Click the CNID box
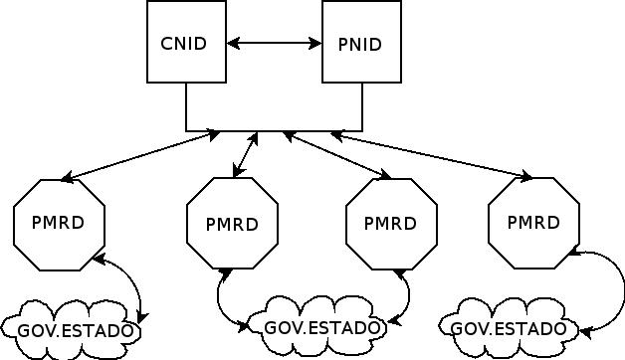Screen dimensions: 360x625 click(x=186, y=43)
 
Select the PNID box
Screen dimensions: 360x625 click(x=360, y=43)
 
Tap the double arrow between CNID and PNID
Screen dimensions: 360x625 click(x=274, y=44)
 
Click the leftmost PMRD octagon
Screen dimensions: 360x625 click(x=59, y=223)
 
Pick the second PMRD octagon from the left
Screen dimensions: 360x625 click(x=232, y=223)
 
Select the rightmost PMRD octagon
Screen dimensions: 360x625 click(x=533, y=222)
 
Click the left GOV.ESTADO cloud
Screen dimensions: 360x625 click(x=70, y=329)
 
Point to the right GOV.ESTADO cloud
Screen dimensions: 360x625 click(x=509, y=327)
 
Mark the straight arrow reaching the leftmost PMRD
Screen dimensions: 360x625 click(x=139, y=156)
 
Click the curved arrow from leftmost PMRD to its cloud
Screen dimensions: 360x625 click(x=133, y=283)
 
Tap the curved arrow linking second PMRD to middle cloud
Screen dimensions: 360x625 click(x=220, y=298)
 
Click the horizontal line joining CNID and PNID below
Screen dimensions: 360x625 click(x=274, y=130)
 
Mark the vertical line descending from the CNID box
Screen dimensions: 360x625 click(x=186, y=106)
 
